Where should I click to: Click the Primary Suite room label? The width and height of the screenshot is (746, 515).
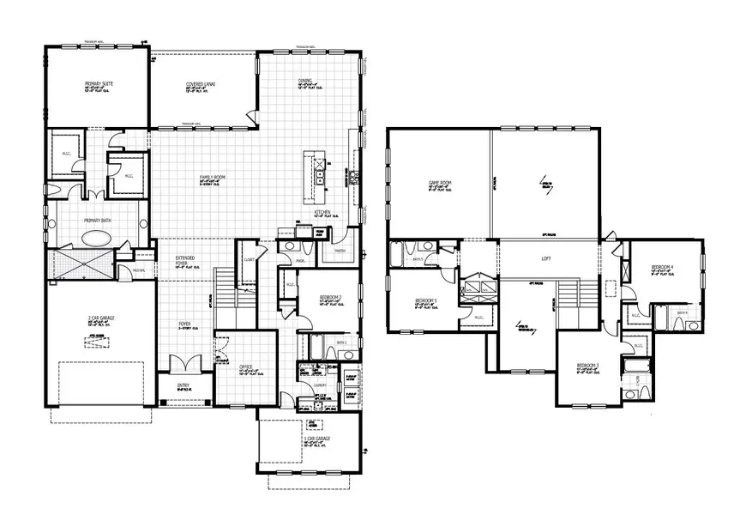click(x=99, y=83)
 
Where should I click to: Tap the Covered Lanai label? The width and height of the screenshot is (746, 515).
click(x=201, y=84)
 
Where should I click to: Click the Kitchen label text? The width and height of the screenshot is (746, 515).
click(x=322, y=211)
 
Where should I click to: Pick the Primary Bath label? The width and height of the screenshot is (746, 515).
click(x=99, y=221)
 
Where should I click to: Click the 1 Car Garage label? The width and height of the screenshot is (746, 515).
click(x=316, y=439)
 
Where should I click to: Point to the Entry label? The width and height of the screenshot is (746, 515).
click(x=183, y=385)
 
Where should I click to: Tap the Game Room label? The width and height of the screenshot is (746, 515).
click(x=440, y=183)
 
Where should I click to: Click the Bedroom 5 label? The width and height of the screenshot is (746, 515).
click(x=424, y=300)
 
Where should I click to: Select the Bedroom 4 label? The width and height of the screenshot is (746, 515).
click(x=662, y=268)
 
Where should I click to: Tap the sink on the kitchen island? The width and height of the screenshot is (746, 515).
click(x=319, y=179)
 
